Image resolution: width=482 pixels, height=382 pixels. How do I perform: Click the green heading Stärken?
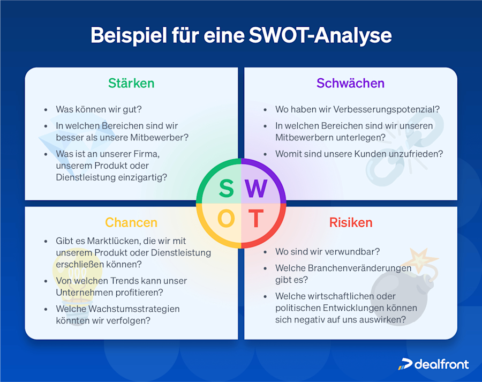tap(131, 83)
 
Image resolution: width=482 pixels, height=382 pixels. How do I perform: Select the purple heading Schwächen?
tap(350, 83)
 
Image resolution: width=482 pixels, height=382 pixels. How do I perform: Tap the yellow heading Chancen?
tap(131, 222)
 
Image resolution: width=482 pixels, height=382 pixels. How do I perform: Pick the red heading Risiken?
tap(351, 222)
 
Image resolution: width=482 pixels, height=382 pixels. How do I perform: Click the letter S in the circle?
tap(226, 189)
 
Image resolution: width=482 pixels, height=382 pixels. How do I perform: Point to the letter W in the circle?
tap(257, 189)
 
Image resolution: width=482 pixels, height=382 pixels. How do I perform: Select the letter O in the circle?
tap(226, 219)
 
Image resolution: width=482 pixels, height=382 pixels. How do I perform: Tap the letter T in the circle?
tap(257, 219)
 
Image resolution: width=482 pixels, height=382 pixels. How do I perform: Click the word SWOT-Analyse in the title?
tap(320, 35)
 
